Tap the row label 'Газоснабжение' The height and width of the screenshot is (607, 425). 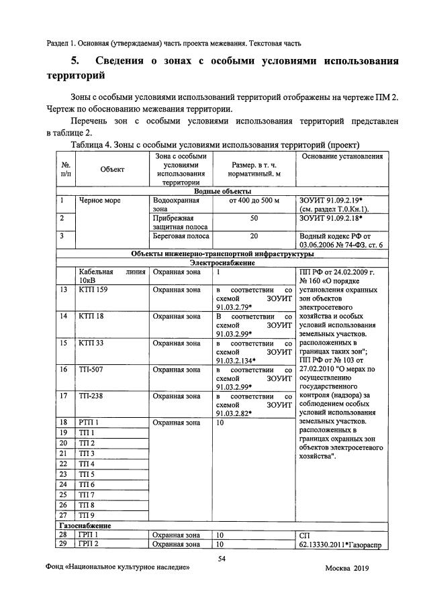coord(84,526)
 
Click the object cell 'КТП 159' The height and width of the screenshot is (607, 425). coord(93,289)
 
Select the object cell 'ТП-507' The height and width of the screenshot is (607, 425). coord(91,370)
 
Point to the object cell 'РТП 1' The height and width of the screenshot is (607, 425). coord(89,422)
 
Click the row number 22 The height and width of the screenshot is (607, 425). coord(64,464)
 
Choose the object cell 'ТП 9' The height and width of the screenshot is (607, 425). coord(87,516)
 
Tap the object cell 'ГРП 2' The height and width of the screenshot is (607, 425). coord(89,544)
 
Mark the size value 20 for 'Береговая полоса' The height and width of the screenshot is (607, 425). coord(254,236)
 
